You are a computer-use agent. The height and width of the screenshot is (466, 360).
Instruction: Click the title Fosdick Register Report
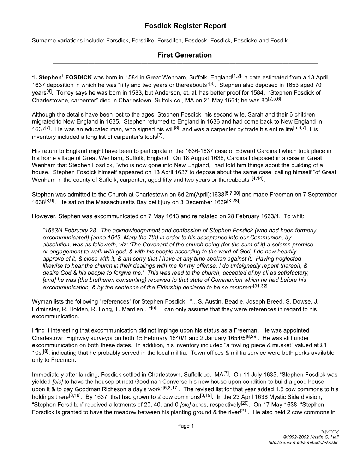185,26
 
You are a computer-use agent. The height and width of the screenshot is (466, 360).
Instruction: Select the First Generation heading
185,55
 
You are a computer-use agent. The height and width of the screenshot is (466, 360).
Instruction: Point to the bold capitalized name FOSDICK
78,77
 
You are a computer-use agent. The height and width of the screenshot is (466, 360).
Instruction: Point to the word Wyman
41,301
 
